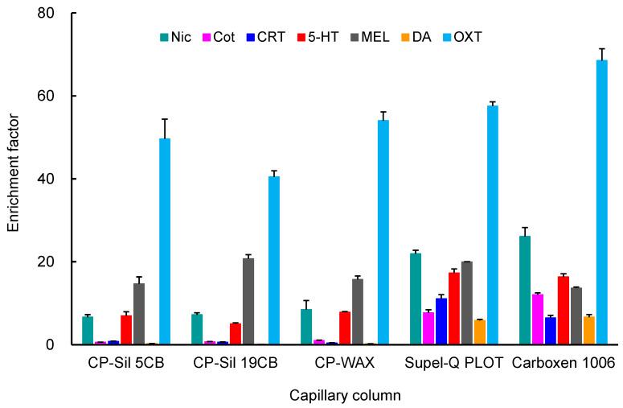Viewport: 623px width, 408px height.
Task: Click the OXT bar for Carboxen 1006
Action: point(601,202)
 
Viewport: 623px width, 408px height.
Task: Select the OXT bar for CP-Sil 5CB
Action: point(165,241)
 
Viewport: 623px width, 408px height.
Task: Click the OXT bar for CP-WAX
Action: point(383,233)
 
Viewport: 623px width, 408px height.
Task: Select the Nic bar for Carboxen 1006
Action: point(524,290)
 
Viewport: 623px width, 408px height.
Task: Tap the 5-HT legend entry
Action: point(317,37)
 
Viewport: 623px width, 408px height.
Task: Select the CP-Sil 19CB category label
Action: point(236,363)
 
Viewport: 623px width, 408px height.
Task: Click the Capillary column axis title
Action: point(345,396)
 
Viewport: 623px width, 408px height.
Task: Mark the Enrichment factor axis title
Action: point(14,179)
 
